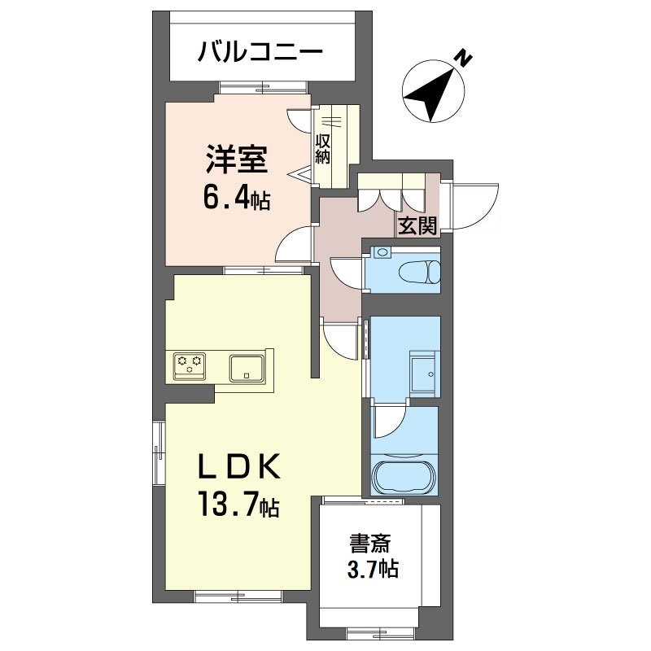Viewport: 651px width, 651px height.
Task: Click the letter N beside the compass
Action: pyautogui.click(x=464, y=57)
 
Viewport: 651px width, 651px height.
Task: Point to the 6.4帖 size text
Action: pyautogui.click(x=237, y=199)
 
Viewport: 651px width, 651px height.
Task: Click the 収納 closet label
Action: pyautogui.click(x=323, y=148)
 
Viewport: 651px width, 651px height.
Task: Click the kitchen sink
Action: pyautogui.click(x=246, y=368)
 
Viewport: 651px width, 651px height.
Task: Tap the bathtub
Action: pyautogui.click(x=404, y=476)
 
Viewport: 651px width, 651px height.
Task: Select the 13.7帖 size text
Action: pyautogui.click(x=236, y=509)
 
